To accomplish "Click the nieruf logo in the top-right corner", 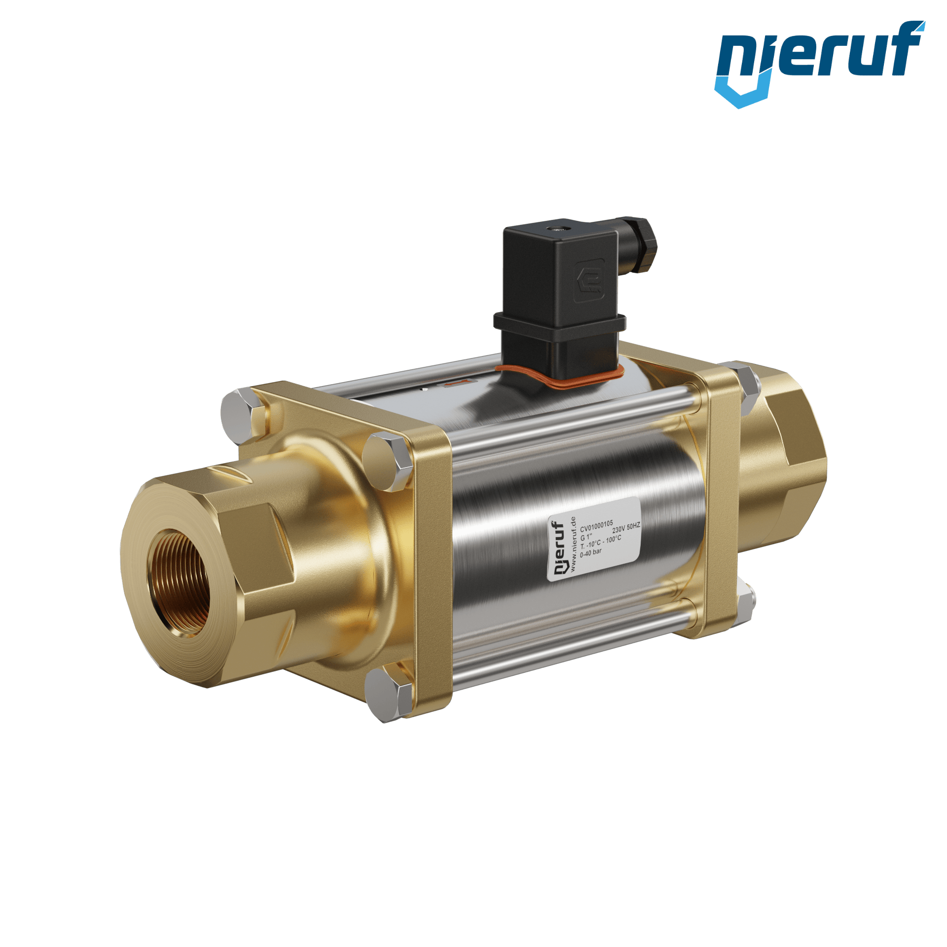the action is pos(820,64).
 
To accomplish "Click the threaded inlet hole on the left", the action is pos(181,583).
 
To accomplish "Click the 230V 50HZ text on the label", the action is pos(626,528).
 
